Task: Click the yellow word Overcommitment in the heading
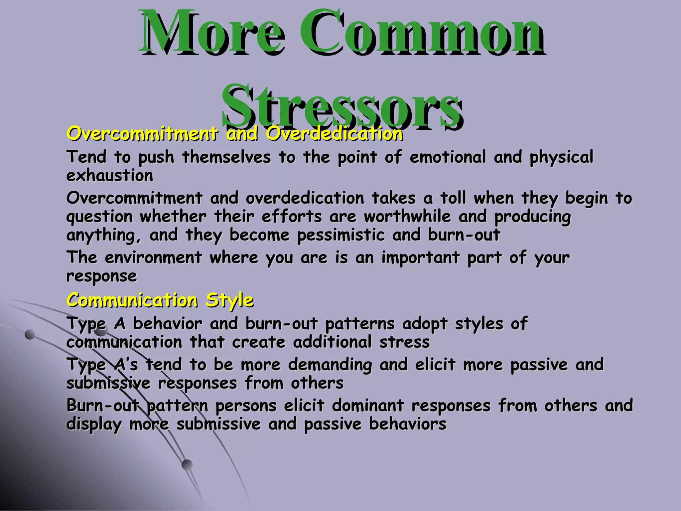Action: click(x=142, y=134)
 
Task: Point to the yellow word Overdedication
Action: click(x=334, y=134)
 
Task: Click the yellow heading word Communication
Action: click(x=132, y=300)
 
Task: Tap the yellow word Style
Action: click(x=229, y=301)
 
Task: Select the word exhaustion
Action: click(x=110, y=176)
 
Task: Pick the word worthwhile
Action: click(x=407, y=217)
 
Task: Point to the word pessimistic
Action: click(x=341, y=235)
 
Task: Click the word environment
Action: click(x=153, y=257)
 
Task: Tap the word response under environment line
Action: click(x=101, y=276)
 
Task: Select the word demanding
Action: click(x=330, y=365)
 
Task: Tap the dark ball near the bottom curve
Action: click(x=187, y=464)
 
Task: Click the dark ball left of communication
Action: click(x=30, y=334)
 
